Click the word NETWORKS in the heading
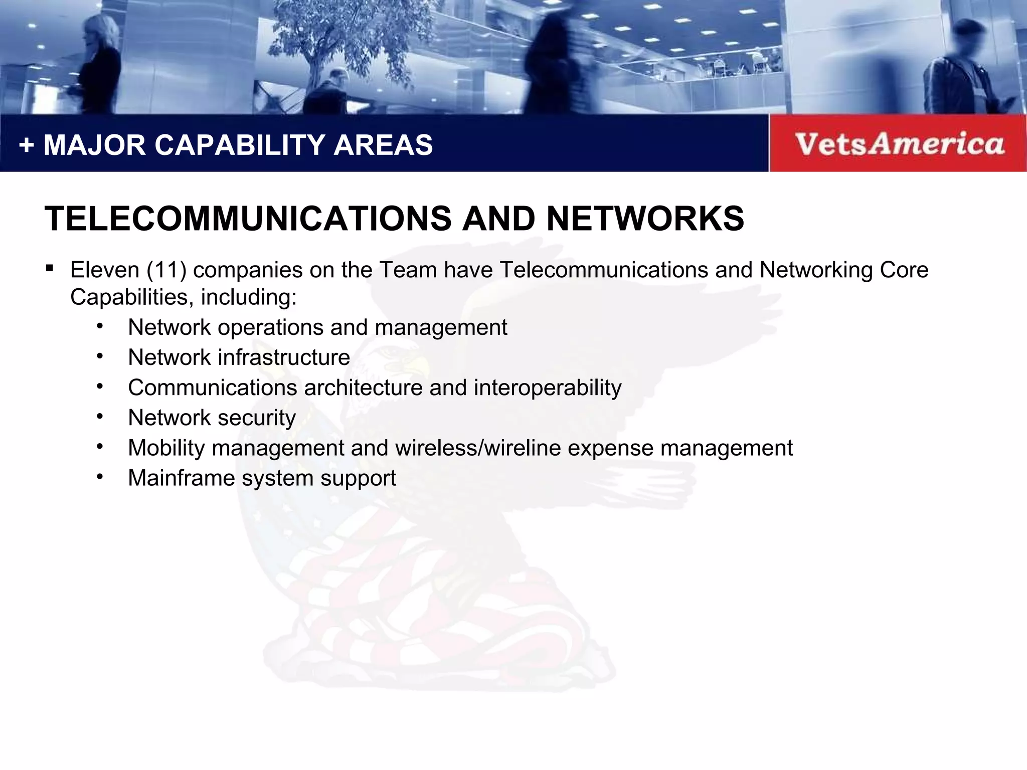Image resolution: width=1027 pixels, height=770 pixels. pos(645,219)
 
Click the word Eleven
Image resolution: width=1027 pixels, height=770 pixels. pos(104,270)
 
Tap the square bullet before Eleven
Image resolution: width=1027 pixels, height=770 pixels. pos(49,268)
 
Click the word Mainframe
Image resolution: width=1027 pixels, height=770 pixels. pos(181,478)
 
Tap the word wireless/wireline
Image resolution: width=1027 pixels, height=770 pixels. pos(478,448)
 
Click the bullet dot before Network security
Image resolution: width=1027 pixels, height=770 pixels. pos(100,416)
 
